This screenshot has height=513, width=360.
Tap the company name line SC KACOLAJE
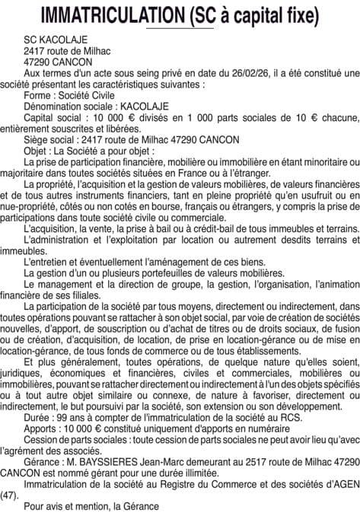tap(56, 39)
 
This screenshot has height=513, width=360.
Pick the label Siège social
tap(51, 139)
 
